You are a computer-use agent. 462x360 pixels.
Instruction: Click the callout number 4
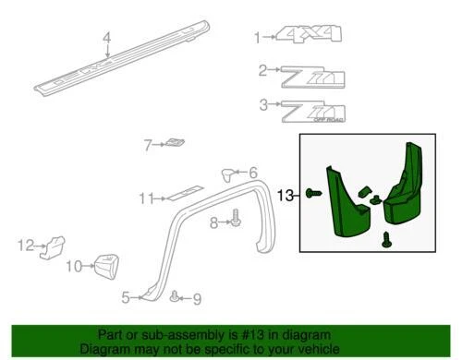(106, 38)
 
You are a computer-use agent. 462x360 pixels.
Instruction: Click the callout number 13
(285, 195)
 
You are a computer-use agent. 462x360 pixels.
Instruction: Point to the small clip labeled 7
(176, 143)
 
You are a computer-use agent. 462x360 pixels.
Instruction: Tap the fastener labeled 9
(175, 296)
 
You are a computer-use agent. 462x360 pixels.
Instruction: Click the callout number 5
(126, 296)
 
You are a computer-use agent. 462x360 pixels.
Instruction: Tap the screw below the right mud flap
(385, 240)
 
